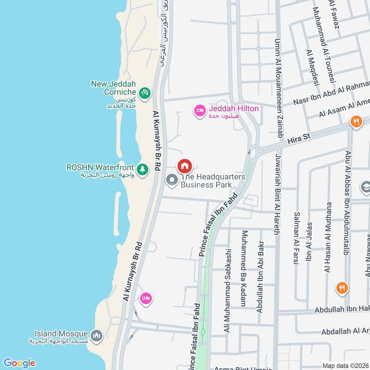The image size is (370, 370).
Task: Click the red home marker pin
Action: coord(184,166)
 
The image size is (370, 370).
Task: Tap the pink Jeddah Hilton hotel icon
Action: coord(200,111)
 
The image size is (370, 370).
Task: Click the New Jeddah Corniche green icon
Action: coord(145,92)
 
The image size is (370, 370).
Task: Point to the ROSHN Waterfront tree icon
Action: coord(143,169)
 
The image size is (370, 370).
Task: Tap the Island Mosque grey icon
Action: coord(97,335)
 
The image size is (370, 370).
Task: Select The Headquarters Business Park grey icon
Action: coord(172,180)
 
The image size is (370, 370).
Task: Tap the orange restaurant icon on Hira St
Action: coord(356,122)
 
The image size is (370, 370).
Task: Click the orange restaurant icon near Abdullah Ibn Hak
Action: coord(342,288)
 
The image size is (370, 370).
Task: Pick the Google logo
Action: coord(19,363)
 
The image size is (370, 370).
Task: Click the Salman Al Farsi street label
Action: coord(296,238)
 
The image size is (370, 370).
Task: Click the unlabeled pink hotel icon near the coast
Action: coord(146,298)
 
